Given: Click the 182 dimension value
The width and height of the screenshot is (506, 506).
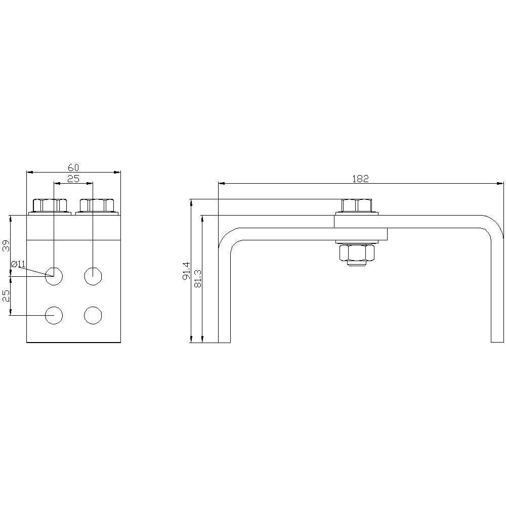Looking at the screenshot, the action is pos(360,179).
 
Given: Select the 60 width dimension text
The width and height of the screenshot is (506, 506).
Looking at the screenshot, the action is pos(73,168).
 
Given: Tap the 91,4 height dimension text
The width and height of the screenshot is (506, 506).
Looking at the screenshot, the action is pos(187,271).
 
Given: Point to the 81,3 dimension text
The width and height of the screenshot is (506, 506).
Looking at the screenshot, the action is pos(198,278).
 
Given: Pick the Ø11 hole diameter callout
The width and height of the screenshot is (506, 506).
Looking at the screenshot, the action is pos(18,264).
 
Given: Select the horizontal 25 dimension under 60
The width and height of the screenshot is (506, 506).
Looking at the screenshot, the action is pos(73,179).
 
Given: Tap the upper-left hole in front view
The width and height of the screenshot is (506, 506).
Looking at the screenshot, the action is pos(54,276).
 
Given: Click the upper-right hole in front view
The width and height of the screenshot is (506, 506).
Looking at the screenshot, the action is pos(93,276).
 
